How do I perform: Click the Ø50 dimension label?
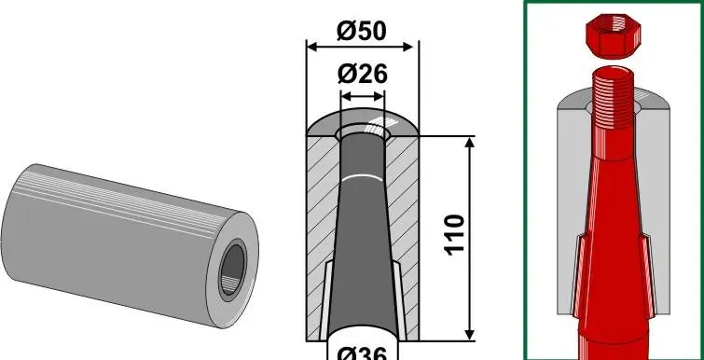coord(362,32)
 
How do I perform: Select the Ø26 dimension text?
coord(362,74)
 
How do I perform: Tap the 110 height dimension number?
coord(454,235)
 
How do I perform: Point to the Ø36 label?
coord(362,353)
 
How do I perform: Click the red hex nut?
coord(614,36)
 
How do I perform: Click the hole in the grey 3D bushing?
coord(233,270)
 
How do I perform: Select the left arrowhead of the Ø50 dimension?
coord(312,47)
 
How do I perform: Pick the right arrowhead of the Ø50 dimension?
coord(407,47)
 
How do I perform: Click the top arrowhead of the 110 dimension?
coord(470,144)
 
